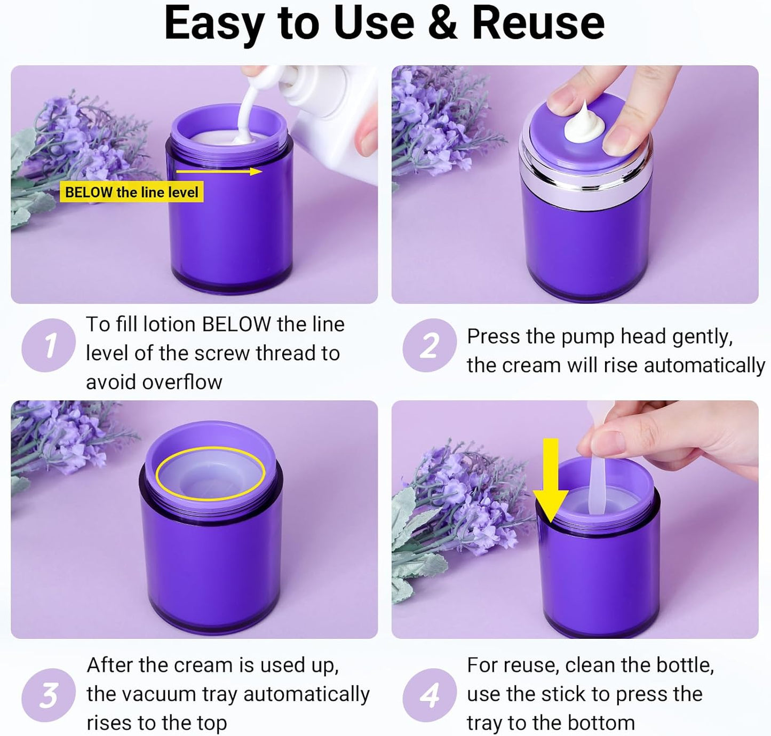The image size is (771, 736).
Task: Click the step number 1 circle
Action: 49,345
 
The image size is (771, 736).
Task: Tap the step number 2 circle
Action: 430,345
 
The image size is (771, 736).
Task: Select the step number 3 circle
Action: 49,695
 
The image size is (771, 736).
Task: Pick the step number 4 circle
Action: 430,695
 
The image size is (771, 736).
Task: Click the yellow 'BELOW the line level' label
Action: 131,192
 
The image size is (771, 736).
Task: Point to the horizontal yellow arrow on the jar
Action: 219,171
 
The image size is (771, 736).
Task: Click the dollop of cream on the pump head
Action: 584,125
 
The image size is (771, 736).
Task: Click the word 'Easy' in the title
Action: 213,24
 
